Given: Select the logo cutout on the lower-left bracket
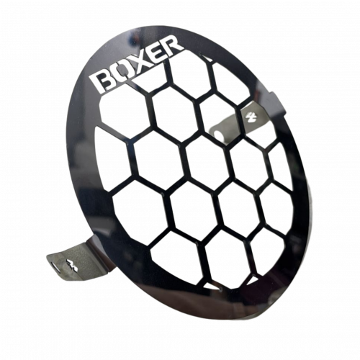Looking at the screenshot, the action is click(71, 264).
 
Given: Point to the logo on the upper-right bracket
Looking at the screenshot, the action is click(247, 117).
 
